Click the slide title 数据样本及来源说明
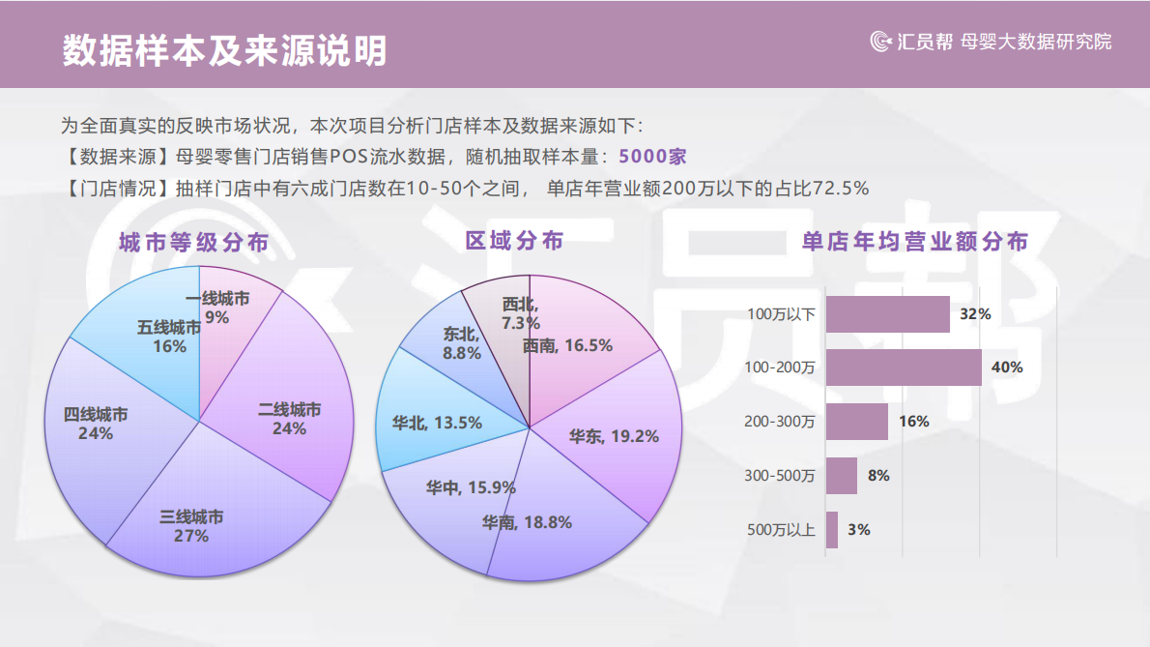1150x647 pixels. click(224, 51)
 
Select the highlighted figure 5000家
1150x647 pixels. click(652, 157)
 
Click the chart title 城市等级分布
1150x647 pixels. click(193, 243)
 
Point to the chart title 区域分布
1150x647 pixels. click(514, 241)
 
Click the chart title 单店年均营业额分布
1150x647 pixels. click(914, 242)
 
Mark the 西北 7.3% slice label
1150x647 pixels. click(520, 313)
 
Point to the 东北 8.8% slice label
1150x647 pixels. click(462, 343)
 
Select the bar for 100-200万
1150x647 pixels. click(904, 368)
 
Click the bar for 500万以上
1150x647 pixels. click(832, 530)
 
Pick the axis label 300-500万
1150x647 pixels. click(780, 476)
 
